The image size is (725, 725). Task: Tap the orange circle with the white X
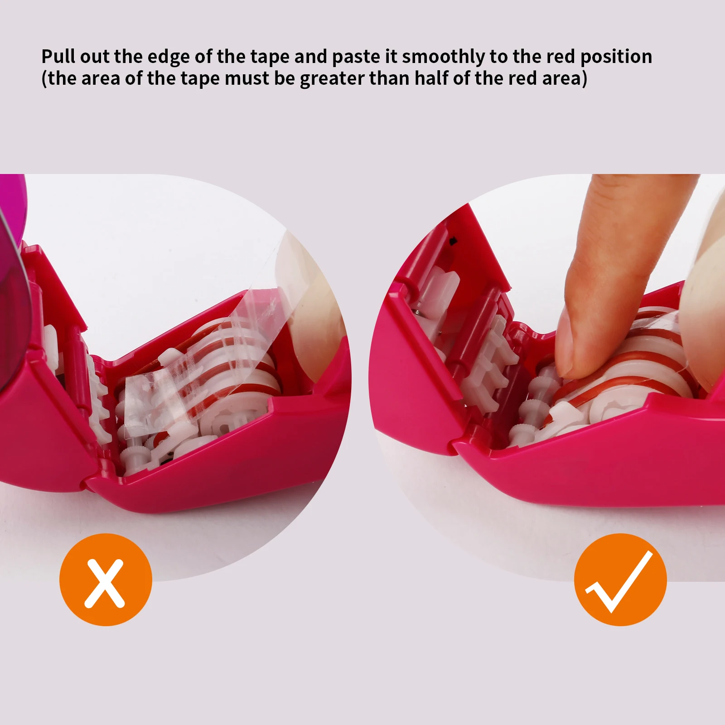pos(106,580)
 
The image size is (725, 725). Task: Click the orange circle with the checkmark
pos(620,580)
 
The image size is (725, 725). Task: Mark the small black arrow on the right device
pos(452,242)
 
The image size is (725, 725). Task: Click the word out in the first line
pos(95,57)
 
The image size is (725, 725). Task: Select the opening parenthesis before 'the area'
pos(44,79)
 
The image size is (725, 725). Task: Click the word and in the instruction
pos(311,57)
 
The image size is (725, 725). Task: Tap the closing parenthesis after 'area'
pos(585,79)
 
